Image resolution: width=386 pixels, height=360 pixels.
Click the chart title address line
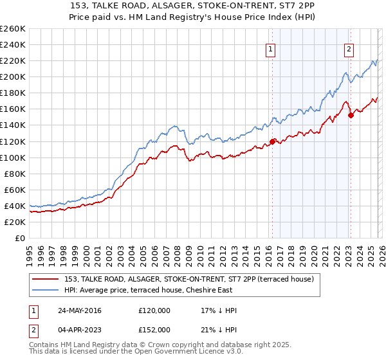(193, 6)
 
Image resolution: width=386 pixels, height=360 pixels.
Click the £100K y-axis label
(13, 157)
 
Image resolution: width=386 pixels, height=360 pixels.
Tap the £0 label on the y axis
(19, 238)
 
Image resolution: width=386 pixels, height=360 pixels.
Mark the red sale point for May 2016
(272, 141)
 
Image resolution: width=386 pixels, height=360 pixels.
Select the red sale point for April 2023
(351, 116)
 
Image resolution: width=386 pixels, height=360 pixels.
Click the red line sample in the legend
(46, 279)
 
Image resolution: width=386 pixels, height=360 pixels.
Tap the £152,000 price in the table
(154, 330)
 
